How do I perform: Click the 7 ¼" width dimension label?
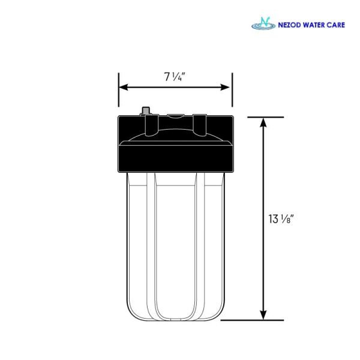[175, 76]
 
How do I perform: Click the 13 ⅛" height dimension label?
[281, 219]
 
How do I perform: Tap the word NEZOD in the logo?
[289, 25]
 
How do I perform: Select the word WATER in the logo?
[313, 25]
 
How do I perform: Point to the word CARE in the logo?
[335, 25]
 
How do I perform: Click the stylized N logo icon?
[263, 23]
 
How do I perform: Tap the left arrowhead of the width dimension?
[124, 87]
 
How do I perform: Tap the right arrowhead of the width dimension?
[225, 87]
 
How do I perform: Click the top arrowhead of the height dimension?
[263, 122]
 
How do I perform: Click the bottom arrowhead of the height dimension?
[263, 315]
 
